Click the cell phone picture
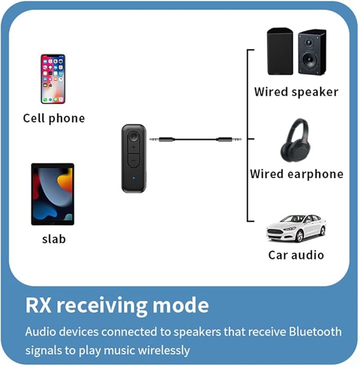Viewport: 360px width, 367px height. coord(53,78)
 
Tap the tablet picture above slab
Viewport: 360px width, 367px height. coord(52,194)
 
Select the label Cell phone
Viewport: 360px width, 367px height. coord(54,118)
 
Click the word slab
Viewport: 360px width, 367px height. coord(54,239)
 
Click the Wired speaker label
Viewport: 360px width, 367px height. coord(296,92)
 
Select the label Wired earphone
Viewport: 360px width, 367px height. coord(296,173)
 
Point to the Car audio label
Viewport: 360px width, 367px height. coord(296,255)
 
